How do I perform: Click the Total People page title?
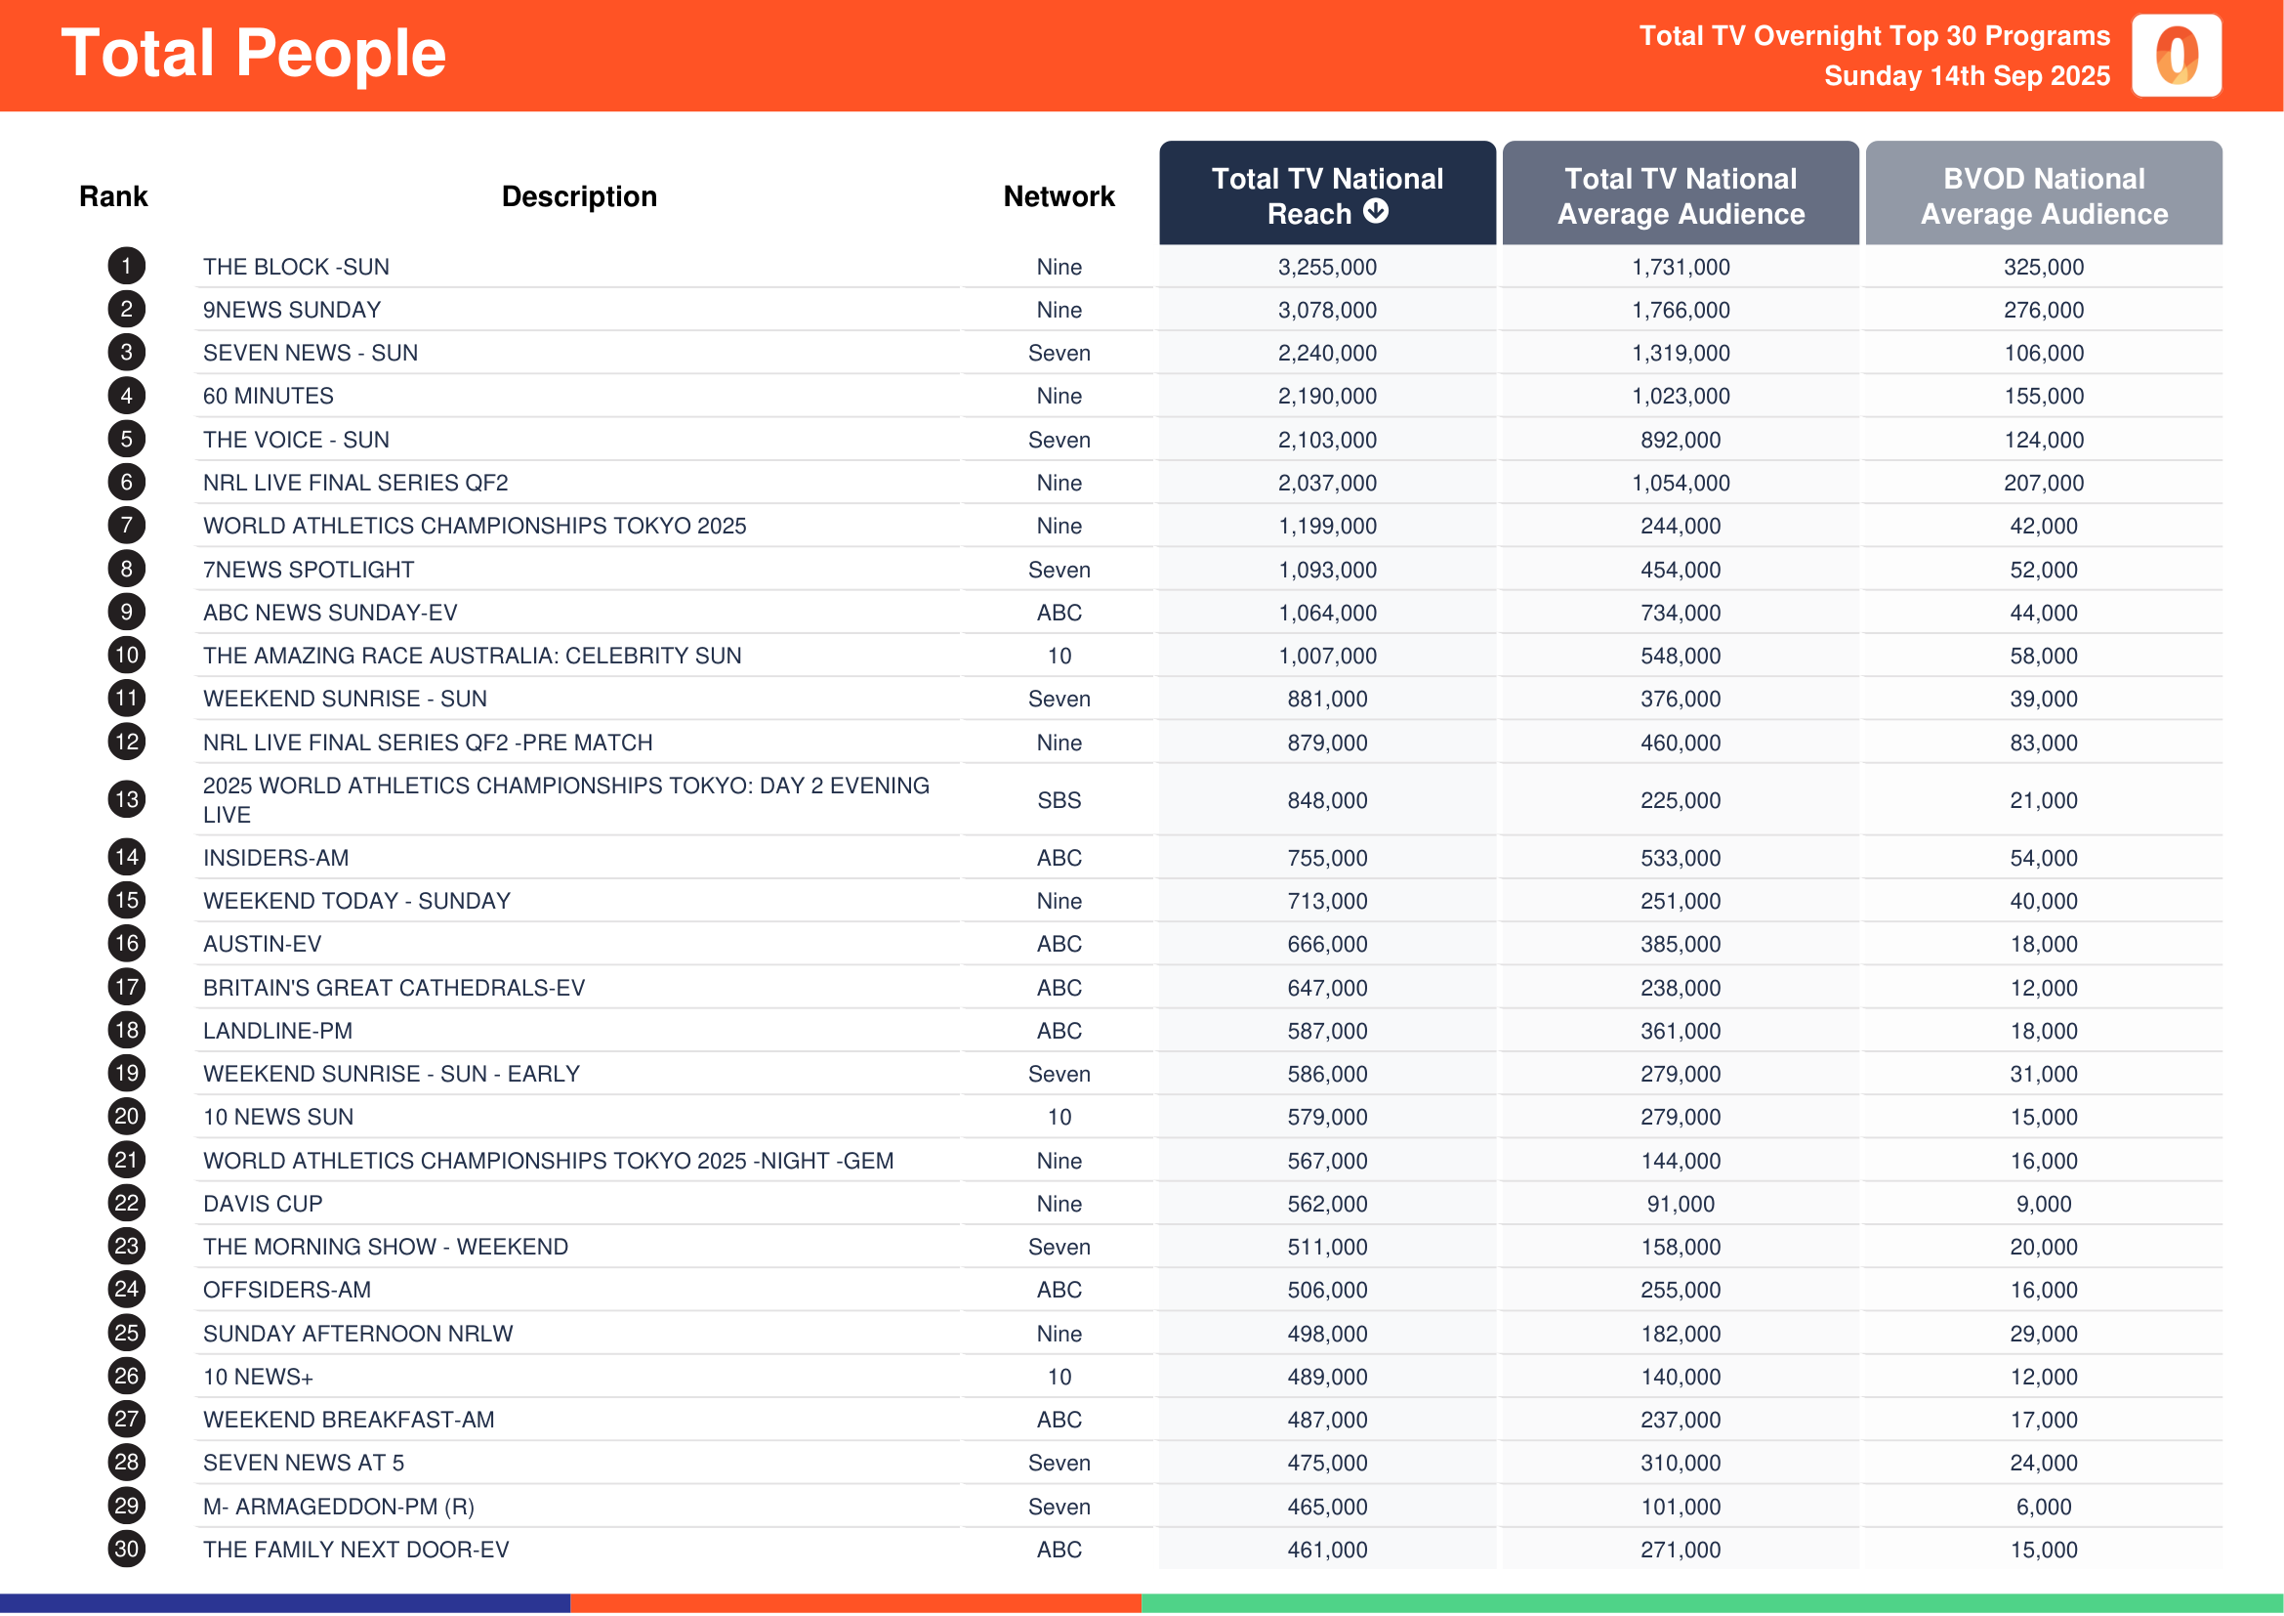(x=254, y=54)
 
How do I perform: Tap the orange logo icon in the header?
(x=2177, y=56)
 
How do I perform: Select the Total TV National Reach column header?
(x=1327, y=195)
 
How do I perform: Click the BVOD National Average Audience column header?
(x=2043, y=195)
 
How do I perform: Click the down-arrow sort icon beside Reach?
(x=1376, y=211)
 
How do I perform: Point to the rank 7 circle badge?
(x=126, y=526)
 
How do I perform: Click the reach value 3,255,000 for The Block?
(x=1327, y=267)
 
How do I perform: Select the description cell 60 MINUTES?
(x=269, y=396)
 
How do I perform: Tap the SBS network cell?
(x=1059, y=800)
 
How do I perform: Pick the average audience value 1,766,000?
(x=1681, y=311)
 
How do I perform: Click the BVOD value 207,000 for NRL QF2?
(x=2043, y=483)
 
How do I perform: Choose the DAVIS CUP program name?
(x=263, y=1204)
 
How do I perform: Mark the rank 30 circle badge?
(x=126, y=1550)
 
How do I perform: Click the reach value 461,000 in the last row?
(x=1327, y=1550)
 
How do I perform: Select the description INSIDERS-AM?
(x=275, y=858)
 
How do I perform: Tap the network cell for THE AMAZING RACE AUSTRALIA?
(x=1059, y=656)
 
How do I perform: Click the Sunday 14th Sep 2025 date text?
(x=1967, y=75)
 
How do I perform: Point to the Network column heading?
(x=1059, y=196)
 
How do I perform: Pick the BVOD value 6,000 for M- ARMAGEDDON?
(x=2043, y=1507)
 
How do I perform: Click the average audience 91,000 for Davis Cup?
(x=1681, y=1204)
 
